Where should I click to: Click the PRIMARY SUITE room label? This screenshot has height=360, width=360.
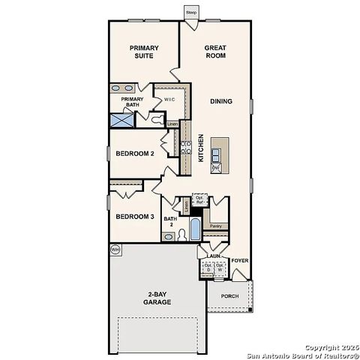pyautogui.click(x=144, y=52)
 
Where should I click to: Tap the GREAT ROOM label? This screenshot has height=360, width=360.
pyautogui.click(x=216, y=52)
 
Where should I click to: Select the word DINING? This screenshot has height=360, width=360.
pyautogui.click(x=220, y=102)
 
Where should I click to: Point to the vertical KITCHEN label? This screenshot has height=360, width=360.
pyautogui.click(x=200, y=148)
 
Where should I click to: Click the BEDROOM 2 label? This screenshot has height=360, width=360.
pyautogui.click(x=135, y=154)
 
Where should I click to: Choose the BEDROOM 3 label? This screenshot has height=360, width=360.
pyautogui.click(x=135, y=217)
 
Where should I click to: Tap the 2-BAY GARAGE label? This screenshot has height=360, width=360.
pyautogui.click(x=159, y=298)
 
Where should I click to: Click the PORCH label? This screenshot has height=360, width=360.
pyautogui.click(x=229, y=295)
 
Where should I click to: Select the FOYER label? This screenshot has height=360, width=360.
pyautogui.click(x=240, y=261)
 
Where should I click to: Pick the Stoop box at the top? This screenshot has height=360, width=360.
pyautogui.click(x=191, y=13)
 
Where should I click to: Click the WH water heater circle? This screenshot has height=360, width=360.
pyautogui.click(x=115, y=249)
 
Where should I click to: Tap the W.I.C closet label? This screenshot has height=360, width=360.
pyautogui.click(x=169, y=98)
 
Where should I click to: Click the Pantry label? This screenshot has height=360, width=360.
pyautogui.click(x=215, y=226)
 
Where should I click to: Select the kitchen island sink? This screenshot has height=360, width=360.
pyautogui.click(x=216, y=155)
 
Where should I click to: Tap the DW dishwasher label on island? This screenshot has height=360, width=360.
pyautogui.click(x=215, y=168)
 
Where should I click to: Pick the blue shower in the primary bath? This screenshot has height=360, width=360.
pyautogui.click(x=122, y=119)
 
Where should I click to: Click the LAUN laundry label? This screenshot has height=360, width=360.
pyautogui.click(x=213, y=256)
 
